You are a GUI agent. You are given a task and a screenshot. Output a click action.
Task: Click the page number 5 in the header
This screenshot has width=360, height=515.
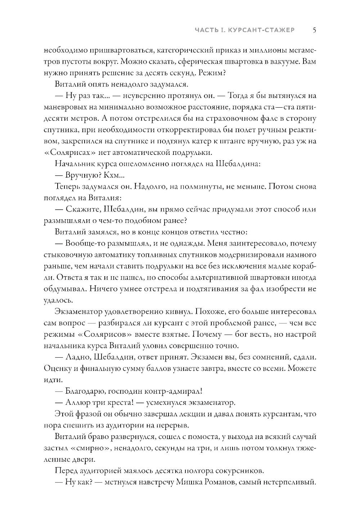coord(314,30)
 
